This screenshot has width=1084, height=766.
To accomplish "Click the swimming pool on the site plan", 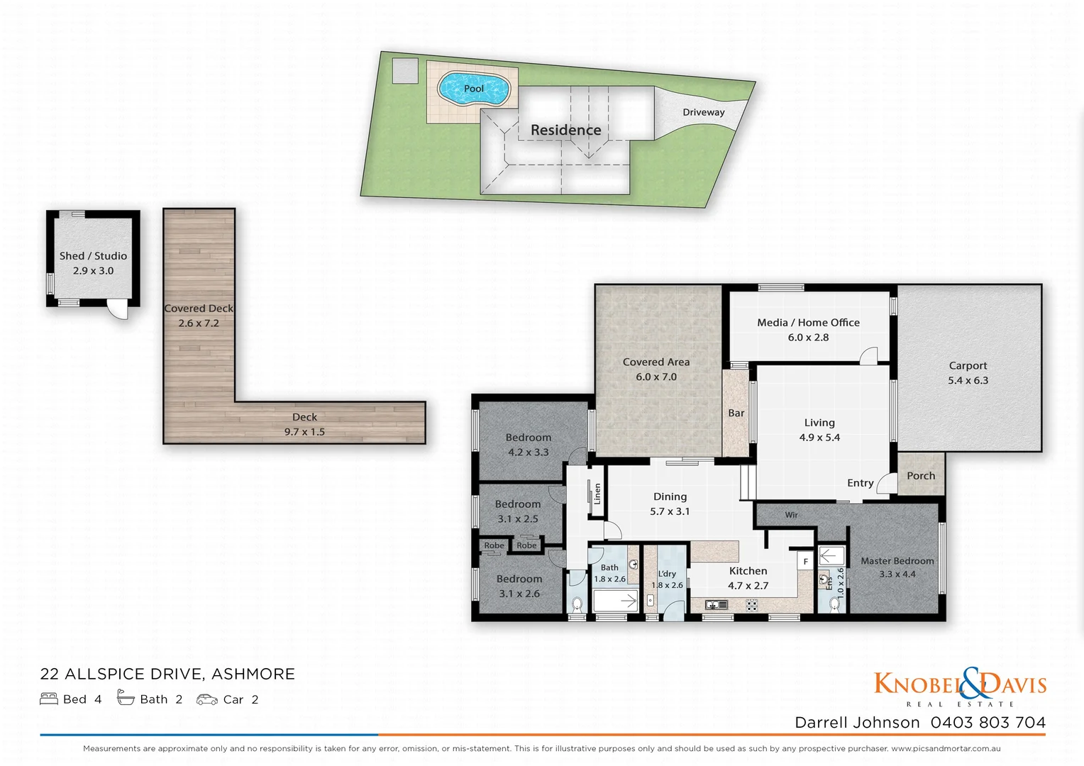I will pos(473,89).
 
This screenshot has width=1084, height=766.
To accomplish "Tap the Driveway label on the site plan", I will pos(703,112).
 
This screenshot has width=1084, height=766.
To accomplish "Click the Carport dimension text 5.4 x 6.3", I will pos(968,381).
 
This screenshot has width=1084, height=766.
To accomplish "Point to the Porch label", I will pos(921,476).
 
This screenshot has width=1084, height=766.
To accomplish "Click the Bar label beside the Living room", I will pos(736,413).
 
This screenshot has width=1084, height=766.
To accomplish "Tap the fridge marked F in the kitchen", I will pos(805,561).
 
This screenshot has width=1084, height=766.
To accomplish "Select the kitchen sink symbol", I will pos(717,605).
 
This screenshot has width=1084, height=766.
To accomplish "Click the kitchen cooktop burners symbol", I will pos(751,605).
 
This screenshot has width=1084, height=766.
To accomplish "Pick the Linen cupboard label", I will pos(597,494).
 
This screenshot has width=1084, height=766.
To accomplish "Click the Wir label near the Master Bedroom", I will pos(791,515).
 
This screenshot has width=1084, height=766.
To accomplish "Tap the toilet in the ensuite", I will pos(835,604).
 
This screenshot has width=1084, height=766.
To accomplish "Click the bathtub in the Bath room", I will pos(616,601).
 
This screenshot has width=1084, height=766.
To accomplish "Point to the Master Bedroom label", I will pos(897,561).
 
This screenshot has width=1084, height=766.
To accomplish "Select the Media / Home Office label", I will pos(808,323).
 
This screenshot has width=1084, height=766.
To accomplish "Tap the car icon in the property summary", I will pos(207,699).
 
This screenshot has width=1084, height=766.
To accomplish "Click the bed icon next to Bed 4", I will pos(49,699).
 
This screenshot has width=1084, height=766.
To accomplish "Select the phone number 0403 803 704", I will pos(988,722).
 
